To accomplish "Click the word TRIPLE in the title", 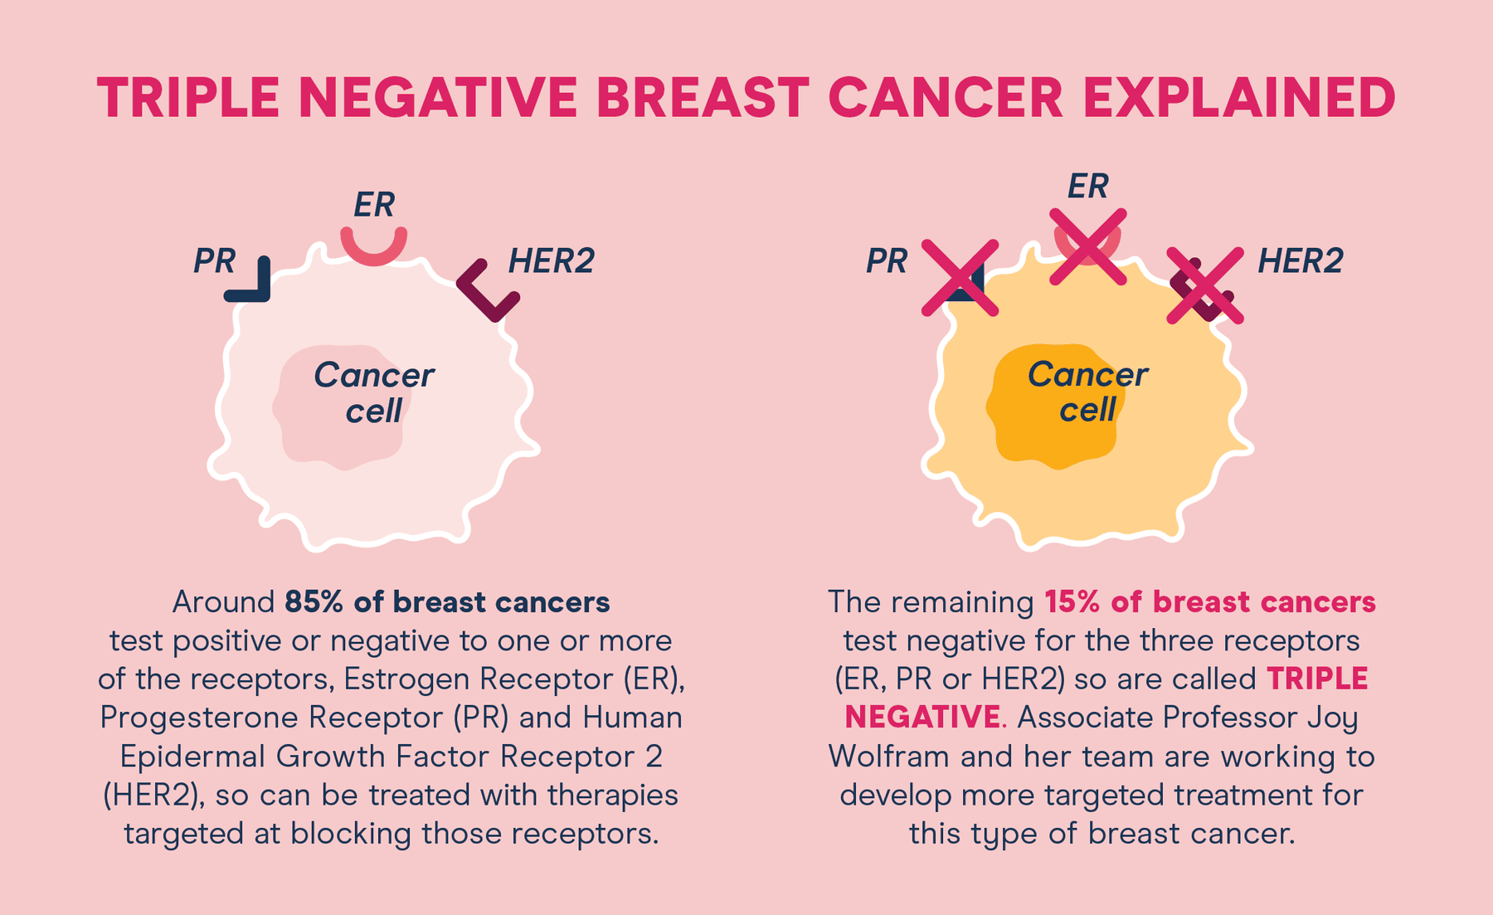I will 188,98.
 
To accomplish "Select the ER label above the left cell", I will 374,205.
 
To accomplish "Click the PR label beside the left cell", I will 214,261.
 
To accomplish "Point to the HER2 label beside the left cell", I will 551,261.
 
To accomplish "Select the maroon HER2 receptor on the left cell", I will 488,292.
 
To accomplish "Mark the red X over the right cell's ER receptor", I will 1088,246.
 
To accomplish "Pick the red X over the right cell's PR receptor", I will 960,278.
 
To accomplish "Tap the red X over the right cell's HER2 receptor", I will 1205,285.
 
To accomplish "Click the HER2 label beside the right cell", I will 1300,261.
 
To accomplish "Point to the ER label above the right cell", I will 1087,187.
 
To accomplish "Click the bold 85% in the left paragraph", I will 314,602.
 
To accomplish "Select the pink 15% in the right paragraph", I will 1072,602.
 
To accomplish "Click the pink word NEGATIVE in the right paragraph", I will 922,718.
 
